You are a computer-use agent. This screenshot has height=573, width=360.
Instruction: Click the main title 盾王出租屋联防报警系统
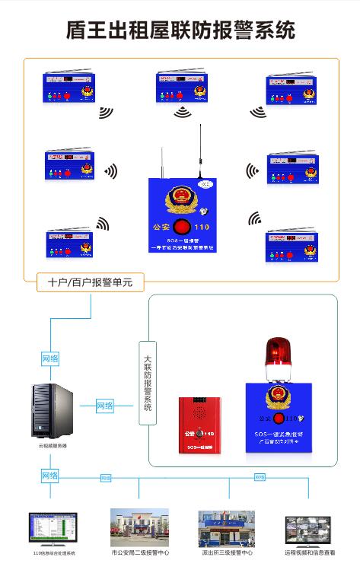[180, 30]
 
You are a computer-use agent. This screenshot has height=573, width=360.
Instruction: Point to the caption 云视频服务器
[53, 446]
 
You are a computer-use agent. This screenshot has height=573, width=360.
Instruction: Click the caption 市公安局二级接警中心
[140, 553]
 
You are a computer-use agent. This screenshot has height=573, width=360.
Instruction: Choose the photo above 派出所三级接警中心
[226, 528]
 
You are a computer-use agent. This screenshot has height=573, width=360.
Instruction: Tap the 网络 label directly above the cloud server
[50, 358]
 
